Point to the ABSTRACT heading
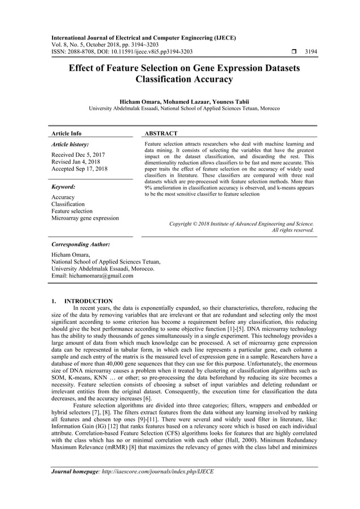161,134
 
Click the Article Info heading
67,134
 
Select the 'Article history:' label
70,144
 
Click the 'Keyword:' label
63,186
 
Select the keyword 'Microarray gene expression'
85,218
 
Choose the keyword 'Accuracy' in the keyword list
63,197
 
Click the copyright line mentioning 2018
242,223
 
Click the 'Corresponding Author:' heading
80,245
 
